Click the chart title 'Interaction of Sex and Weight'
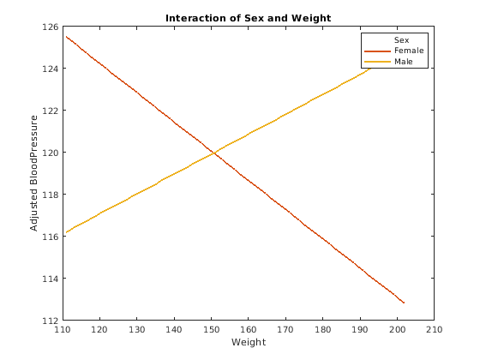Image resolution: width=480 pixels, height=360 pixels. pyautogui.click(x=248, y=18)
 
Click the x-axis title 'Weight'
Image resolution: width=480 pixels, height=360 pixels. pyautogui.click(x=248, y=343)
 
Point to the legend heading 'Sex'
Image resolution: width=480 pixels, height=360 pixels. pyautogui.click(x=400, y=40)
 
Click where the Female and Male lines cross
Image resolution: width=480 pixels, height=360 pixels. pyautogui.click(x=213, y=153)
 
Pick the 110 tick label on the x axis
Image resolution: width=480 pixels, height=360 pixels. pyautogui.click(x=63, y=329)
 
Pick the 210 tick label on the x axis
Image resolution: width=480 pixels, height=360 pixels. pyautogui.click(x=434, y=329)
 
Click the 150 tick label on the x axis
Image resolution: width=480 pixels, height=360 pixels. pyautogui.click(x=211, y=329)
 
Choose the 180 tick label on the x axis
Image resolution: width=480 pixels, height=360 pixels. pyautogui.click(x=322, y=329)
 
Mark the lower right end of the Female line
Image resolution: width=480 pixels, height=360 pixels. pyautogui.click(x=404, y=303)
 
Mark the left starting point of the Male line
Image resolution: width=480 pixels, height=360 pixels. pyautogui.click(x=66, y=232)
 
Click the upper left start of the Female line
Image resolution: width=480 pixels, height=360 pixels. pyautogui.click(x=66, y=36)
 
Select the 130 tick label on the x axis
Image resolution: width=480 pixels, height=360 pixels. pyautogui.click(x=137, y=329)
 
